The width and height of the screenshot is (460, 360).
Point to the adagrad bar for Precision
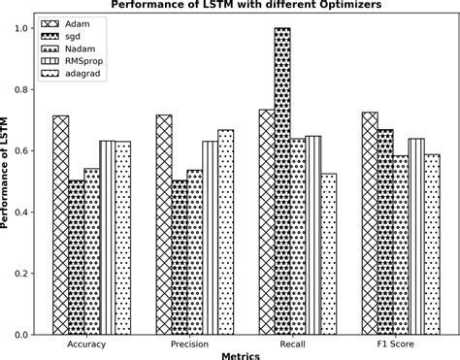coord(225,232)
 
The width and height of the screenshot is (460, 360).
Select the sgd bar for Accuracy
coord(76,257)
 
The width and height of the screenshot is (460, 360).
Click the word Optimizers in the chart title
coord(327,5)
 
